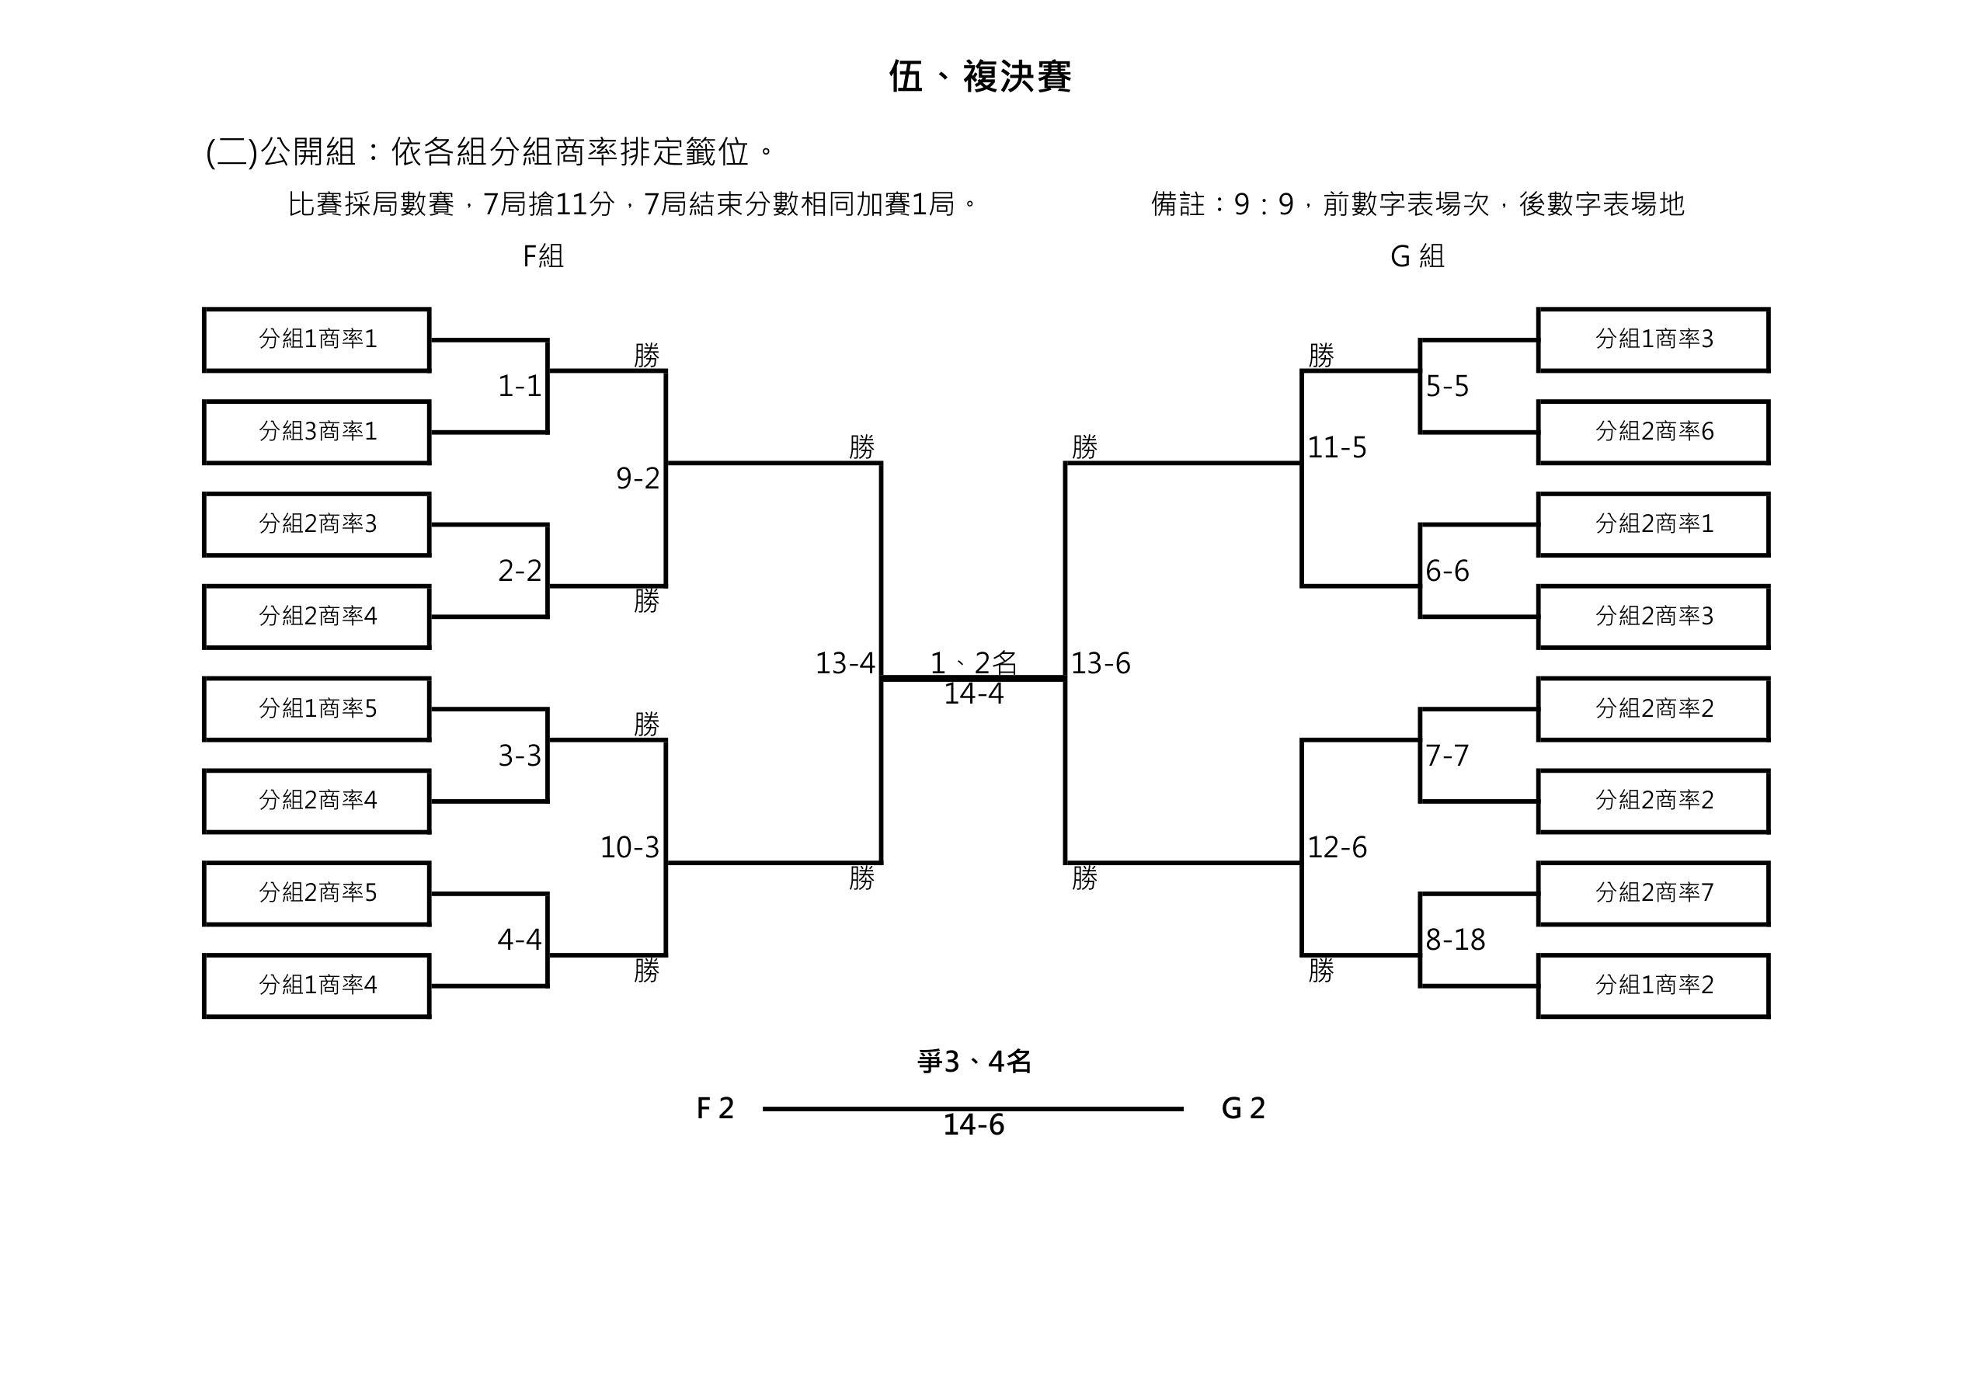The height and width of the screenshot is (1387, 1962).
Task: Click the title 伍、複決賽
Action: (979, 77)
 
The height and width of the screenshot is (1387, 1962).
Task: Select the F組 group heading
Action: (543, 255)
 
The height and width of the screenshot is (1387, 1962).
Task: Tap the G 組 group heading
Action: (1417, 255)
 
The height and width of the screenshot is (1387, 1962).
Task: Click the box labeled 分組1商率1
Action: (317, 339)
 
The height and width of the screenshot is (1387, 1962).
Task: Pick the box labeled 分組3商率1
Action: (317, 432)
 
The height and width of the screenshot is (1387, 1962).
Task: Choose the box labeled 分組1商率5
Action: (317, 708)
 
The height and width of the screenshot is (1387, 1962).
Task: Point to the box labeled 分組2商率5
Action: (317, 893)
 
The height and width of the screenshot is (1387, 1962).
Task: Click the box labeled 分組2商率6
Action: (1654, 432)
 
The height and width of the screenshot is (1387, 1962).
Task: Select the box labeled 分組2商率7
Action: (1654, 893)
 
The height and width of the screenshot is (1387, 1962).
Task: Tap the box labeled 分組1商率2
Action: (1654, 985)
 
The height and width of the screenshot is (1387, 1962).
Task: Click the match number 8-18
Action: (1456, 940)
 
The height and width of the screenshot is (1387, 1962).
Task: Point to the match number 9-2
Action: (638, 478)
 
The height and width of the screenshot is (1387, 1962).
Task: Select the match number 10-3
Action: (630, 848)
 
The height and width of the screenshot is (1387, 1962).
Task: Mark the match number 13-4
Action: (845, 663)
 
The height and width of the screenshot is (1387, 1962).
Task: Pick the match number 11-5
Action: (1338, 448)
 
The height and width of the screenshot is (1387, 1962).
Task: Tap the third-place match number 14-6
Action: (973, 1125)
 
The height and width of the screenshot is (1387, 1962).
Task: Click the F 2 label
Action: (715, 1108)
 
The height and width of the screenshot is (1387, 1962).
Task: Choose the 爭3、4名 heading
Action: (974, 1062)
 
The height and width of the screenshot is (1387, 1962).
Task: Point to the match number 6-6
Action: (1448, 571)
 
